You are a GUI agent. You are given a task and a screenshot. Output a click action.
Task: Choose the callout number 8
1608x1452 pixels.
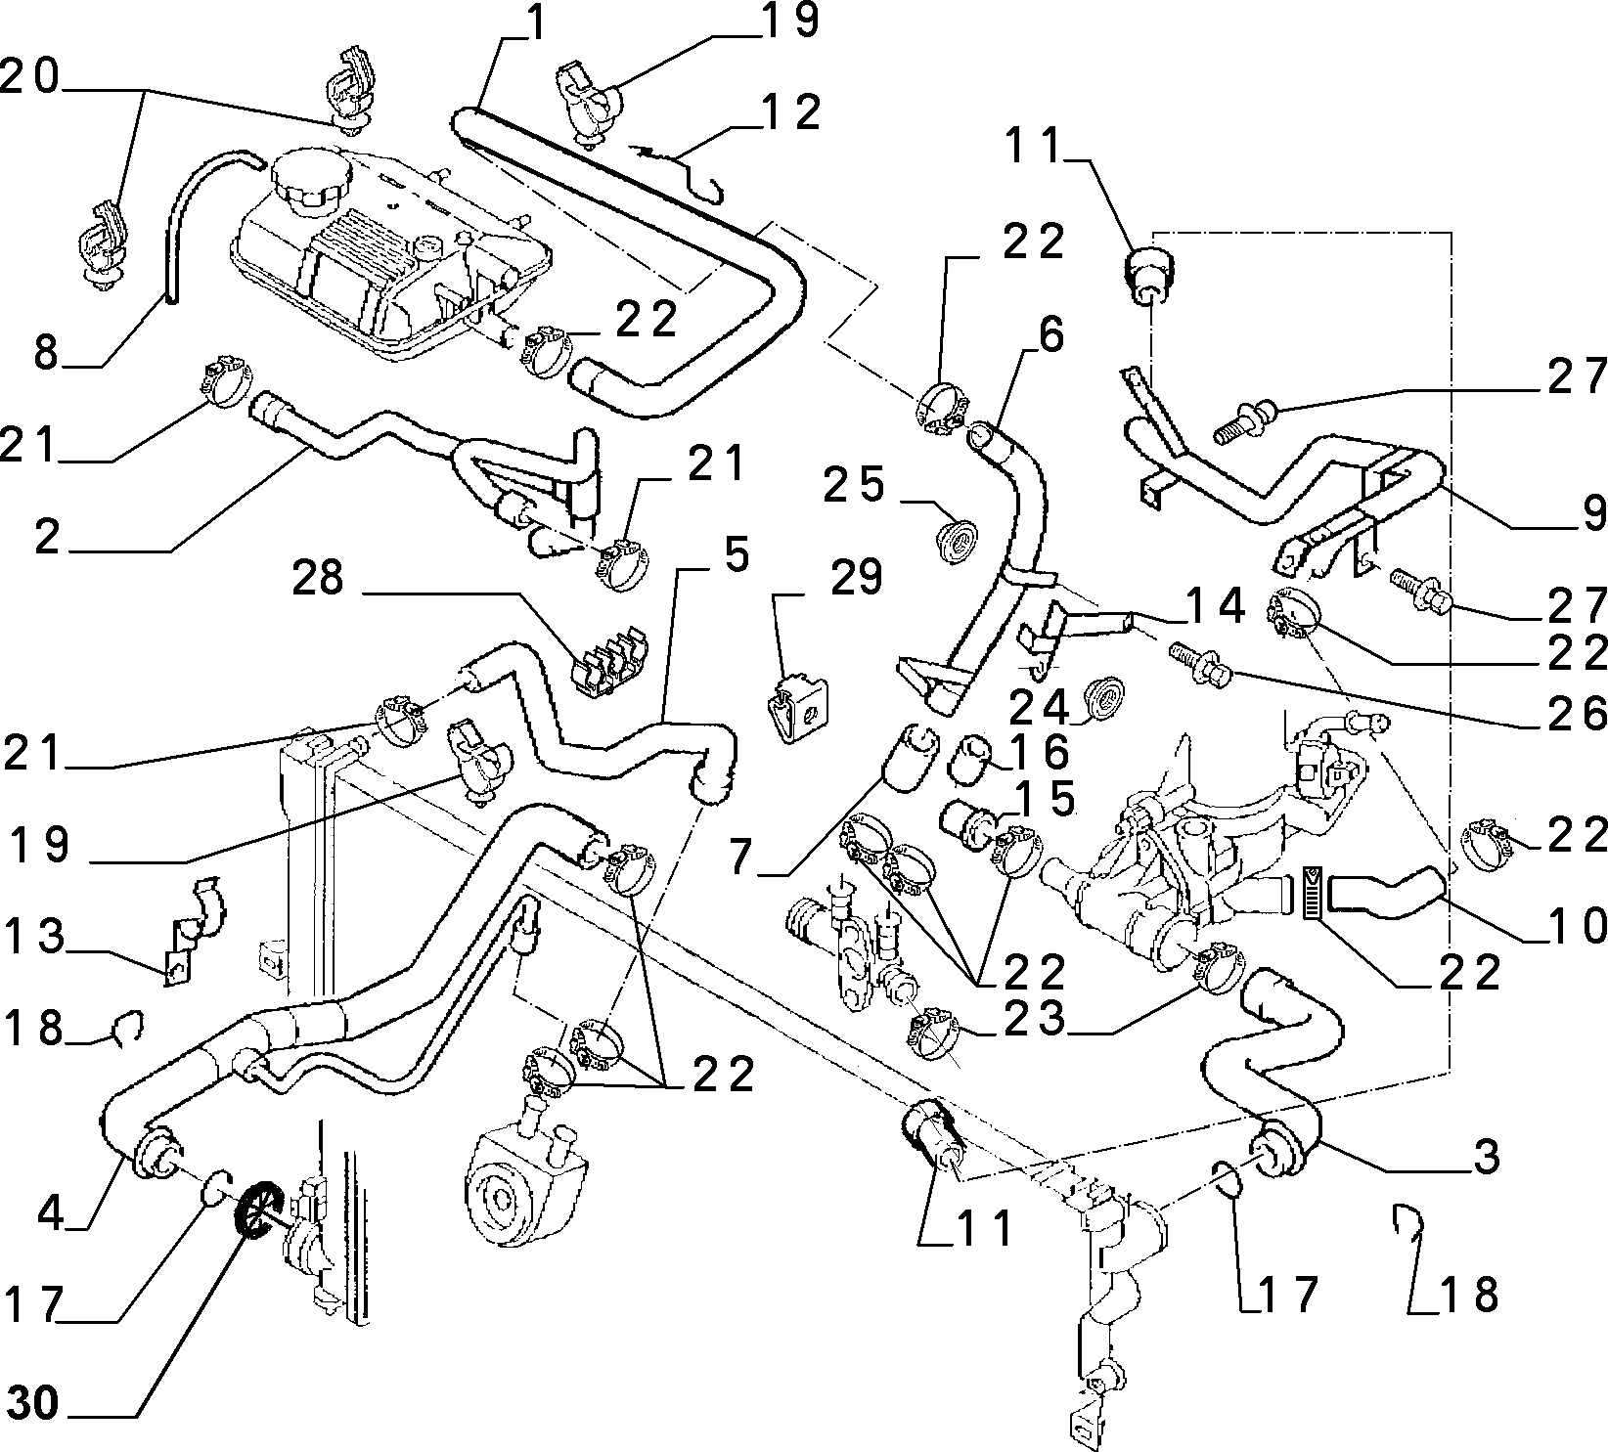(46, 352)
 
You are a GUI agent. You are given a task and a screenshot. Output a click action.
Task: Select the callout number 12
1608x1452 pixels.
(793, 113)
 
